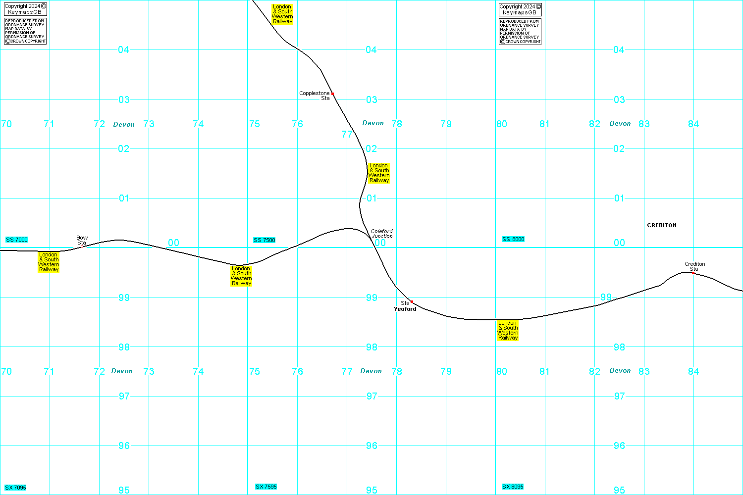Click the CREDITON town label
click(662, 225)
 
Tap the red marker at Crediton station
click(693, 273)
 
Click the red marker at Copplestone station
click(332, 94)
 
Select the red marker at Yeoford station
click(412, 301)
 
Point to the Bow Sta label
click(82, 241)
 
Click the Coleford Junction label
click(382, 234)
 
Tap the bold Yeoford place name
click(405, 309)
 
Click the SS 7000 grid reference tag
click(17, 240)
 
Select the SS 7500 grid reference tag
click(265, 240)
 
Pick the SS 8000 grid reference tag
click(513, 239)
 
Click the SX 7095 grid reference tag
click(16, 488)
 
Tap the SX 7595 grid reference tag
click(266, 487)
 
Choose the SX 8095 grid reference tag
click(513, 487)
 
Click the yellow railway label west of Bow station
click(49, 262)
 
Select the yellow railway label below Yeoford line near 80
click(508, 330)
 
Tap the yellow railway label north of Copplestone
click(282, 14)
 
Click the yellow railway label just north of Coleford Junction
click(379, 173)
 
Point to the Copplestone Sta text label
click(315, 96)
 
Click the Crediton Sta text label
click(695, 266)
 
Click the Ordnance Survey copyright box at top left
click(25, 31)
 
